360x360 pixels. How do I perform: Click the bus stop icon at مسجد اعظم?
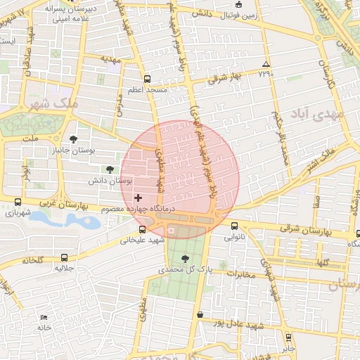tap(147, 79)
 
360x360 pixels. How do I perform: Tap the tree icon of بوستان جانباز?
tap(74, 139)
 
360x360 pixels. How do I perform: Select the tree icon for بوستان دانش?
tap(109, 169)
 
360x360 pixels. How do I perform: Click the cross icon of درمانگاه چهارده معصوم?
tap(138, 198)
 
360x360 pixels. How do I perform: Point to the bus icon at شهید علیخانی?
tap(143, 229)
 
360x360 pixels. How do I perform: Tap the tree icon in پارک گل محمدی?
tap(185, 259)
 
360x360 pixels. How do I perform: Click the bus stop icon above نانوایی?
tap(234, 226)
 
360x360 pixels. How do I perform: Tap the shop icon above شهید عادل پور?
tap(200, 314)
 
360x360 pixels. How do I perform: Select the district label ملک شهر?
tap(51, 104)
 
